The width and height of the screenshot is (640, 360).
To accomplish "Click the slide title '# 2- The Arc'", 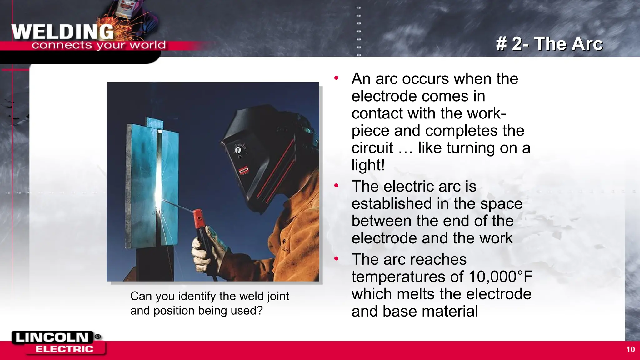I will pos(549,43).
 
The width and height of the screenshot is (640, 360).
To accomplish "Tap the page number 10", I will pos(630,350).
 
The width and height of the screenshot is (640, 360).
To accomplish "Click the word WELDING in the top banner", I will pos(62,32).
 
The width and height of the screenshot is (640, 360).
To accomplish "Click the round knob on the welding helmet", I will pos(238,150).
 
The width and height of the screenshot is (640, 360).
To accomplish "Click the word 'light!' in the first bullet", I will pos(368,165).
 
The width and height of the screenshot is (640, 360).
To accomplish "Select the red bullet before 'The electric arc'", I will pos(336,186).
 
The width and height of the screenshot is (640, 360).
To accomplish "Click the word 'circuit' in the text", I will pos(372,148).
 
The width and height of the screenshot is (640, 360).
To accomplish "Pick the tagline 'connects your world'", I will pos(98,45).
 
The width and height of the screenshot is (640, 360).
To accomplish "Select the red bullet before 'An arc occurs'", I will pos(336,78).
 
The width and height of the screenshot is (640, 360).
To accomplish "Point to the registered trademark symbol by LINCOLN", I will pos(98,337).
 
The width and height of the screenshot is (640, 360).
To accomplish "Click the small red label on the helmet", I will pos(243,170).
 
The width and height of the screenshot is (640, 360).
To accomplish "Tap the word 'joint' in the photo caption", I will pos(278,296).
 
